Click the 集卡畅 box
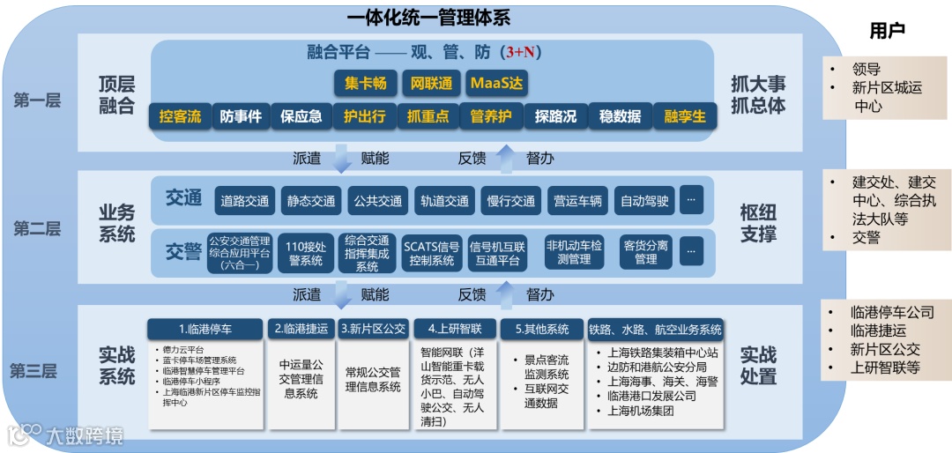click(364, 84)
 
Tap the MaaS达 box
click(496, 84)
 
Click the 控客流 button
click(181, 116)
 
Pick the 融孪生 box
click(685, 116)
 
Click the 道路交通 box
click(245, 201)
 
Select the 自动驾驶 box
click(643, 201)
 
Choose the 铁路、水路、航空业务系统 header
click(655, 330)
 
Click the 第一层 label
click(37, 100)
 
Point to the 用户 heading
click(887, 32)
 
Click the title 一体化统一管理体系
click(428, 17)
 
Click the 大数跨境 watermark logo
click(65, 434)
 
